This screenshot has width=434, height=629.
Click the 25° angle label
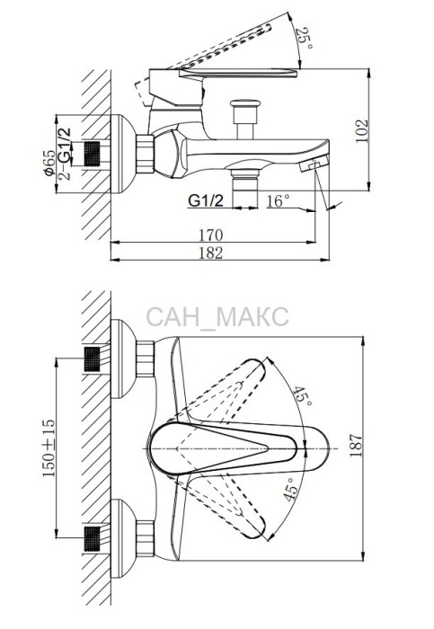[x=304, y=39]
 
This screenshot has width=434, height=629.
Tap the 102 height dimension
[x=362, y=131]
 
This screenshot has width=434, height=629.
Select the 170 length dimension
[x=210, y=235]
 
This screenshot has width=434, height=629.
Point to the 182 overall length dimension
[x=210, y=252]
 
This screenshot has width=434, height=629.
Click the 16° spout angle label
[x=278, y=200]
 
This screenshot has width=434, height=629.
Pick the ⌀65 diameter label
[x=50, y=163]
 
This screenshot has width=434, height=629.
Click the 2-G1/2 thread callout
[x=64, y=154]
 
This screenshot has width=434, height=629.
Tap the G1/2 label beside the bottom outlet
[x=206, y=200]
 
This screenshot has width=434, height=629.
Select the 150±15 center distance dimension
[x=49, y=447]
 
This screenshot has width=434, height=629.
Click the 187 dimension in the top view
[x=356, y=446]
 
